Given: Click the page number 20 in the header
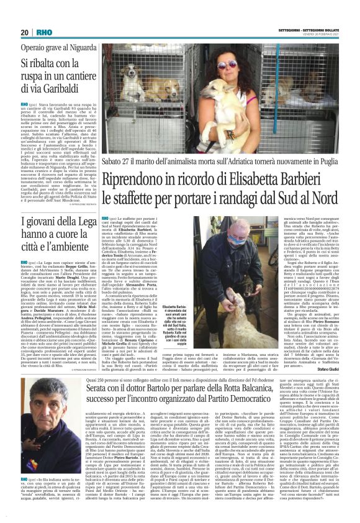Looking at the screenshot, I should (25, 32).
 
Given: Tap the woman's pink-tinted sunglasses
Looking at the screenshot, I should (227, 63).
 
